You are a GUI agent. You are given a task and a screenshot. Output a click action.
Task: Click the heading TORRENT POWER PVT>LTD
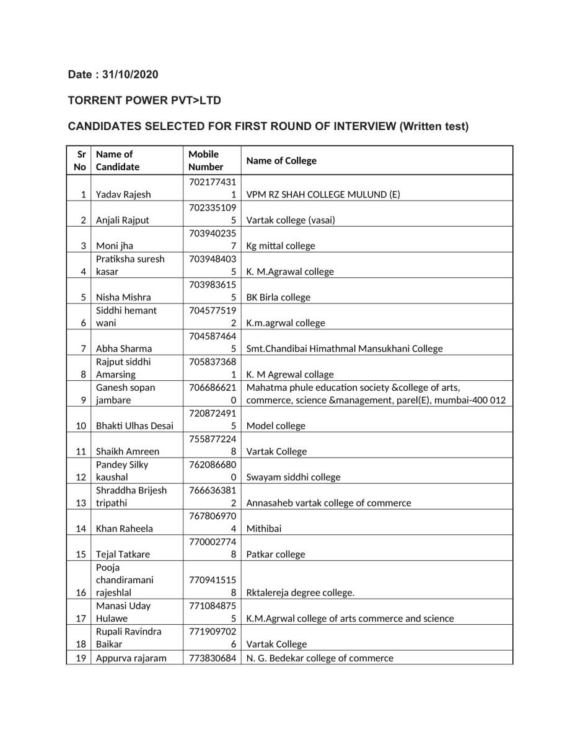click(x=144, y=100)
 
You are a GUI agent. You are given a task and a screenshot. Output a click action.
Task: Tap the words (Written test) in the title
click(x=434, y=126)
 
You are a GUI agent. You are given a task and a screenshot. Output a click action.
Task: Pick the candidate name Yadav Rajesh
click(x=123, y=194)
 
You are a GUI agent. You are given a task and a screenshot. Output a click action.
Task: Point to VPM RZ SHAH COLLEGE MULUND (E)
click(x=323, y=194)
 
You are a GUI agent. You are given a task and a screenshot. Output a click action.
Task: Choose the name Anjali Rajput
click(x=123, y=220)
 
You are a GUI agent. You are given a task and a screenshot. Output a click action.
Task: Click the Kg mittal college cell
click(x=281, y=246)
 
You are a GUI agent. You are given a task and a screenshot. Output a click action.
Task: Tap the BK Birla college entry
click(x=278, y=297)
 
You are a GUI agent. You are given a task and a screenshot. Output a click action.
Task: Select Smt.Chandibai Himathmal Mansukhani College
click(x=345, y=349)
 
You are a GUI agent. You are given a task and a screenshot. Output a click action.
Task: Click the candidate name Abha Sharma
click(x=124, y=349)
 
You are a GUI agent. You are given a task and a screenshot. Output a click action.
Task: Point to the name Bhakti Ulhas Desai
click(x=134, y=426)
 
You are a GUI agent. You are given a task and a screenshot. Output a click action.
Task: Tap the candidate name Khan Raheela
click(x=125, y=529)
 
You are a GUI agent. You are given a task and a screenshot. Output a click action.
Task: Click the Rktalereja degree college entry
click(x=301, y=593)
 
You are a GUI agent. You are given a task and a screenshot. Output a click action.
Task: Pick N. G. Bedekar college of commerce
click(x=320, y=658)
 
